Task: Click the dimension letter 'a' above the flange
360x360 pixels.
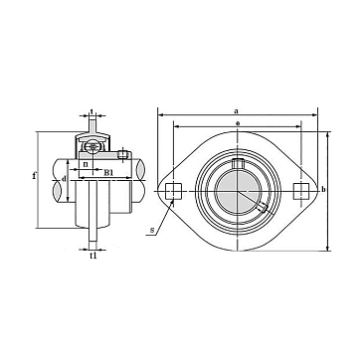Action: click(236, 111)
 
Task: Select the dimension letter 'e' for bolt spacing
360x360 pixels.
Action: click(238, 123)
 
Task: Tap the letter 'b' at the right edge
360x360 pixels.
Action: click(323, 189)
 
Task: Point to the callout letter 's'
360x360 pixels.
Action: click(152, 230)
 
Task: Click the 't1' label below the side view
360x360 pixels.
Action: click(93, 256)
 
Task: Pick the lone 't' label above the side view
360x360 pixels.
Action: click(91, 111)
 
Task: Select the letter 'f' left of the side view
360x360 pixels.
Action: click(34, 175)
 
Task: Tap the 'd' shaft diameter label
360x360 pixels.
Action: click(64, 179)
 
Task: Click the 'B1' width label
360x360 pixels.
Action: click(108, 172)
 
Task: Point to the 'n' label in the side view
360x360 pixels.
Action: click(86, 164)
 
